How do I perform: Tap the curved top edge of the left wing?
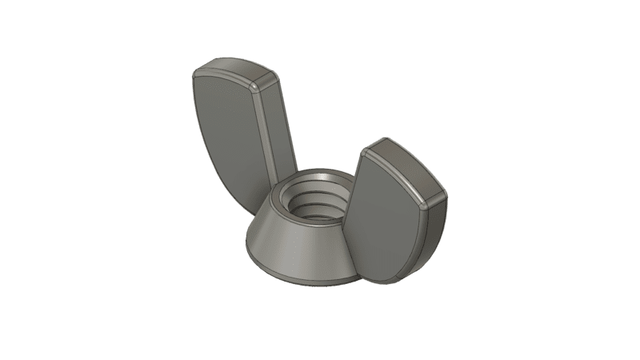click(x=228, y=66)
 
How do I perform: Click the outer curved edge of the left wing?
click(x=195, y=120)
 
